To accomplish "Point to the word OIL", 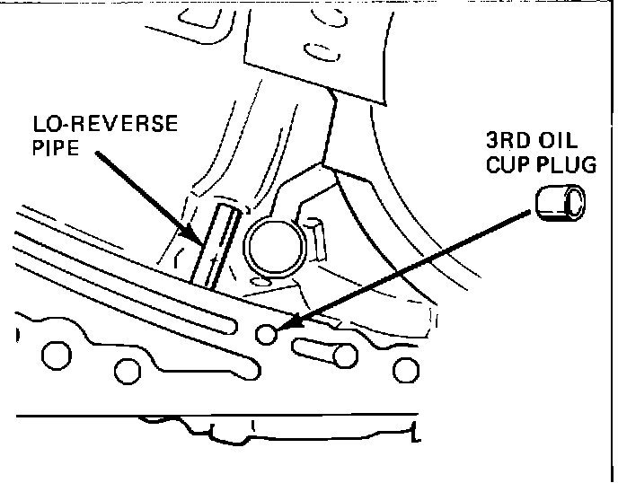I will (x=557, y=142).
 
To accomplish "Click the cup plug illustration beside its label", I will (x=559, y=203).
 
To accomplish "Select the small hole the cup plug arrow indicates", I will (x=267, y=334).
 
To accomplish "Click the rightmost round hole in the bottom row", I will (x=406, y=368).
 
